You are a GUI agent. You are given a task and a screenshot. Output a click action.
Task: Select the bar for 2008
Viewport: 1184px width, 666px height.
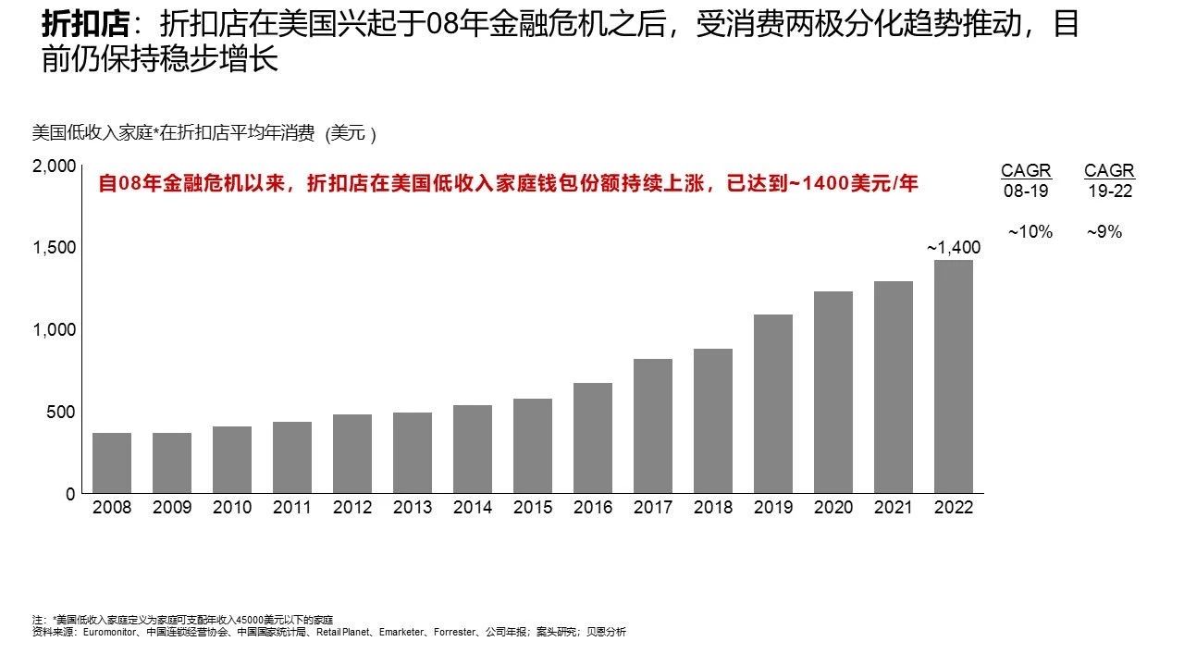pos(112,462)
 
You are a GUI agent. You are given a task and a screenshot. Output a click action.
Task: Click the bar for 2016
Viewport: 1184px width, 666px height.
pos(593,438)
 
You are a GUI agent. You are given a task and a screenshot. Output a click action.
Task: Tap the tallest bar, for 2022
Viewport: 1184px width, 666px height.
pos(954,376)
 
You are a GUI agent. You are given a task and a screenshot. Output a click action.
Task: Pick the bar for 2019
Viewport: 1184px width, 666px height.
pos(773,403)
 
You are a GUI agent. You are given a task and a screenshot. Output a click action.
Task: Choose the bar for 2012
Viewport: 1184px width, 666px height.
pos(352,453)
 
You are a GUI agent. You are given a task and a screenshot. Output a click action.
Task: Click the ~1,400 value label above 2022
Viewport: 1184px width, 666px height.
pos(954,247)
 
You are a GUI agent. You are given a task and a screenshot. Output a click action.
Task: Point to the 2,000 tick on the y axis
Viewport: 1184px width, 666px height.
pos(53,166)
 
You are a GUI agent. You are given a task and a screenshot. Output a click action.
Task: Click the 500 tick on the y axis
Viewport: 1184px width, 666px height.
pos(61,412)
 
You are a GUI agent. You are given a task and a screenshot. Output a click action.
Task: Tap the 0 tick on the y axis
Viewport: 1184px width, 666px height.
pos(70,494)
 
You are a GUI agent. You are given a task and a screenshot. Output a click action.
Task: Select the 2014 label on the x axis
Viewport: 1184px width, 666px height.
pos(473,508)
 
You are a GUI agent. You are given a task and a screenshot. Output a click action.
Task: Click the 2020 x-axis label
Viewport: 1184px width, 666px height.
pos(833,508)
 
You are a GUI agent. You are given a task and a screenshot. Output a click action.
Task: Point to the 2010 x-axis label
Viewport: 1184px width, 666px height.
pos(232,508)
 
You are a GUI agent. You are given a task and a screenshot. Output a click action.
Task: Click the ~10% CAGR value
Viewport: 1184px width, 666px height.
pos(1030,232)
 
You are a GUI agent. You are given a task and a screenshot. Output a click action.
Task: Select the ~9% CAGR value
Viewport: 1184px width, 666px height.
pos(1104,232)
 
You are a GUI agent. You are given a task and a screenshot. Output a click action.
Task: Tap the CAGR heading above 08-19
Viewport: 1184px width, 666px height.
pos(1026,171)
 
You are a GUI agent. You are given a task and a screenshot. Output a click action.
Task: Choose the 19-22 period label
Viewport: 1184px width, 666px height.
pos(1109,191)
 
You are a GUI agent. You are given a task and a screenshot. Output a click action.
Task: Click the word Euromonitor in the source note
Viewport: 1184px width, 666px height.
pos(111,633)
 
